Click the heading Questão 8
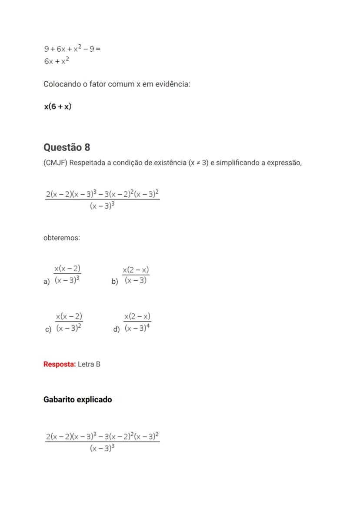pos(67,147)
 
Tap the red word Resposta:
pos(60,364)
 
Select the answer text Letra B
pos(89,364)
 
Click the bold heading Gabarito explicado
pos(77,399)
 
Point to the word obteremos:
pos(62,238)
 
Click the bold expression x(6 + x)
pos(57,106)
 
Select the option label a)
pos(47,282)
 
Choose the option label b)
pos(115,282)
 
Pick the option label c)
pos(48,329)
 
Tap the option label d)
pos(116,329)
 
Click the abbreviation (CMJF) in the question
pos(55,163)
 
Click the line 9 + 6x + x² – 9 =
pos(72,49)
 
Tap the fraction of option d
pos(137,322)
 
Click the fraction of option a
pos(67,274)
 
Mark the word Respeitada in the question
pos(87,163)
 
